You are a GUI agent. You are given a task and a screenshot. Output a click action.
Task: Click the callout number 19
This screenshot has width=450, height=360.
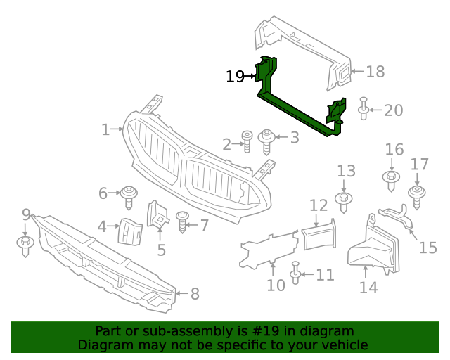click(235, 77)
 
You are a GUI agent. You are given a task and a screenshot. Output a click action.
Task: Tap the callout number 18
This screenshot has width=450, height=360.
click(375, 71)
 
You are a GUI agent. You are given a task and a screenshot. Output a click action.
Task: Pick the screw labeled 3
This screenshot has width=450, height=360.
click(268, 140)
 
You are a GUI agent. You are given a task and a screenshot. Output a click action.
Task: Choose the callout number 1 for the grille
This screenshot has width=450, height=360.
click(105, 129)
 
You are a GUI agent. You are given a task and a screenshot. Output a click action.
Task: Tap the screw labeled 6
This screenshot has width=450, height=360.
click(129, 195)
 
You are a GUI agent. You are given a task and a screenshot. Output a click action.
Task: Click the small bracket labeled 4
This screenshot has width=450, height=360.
click(130, 230)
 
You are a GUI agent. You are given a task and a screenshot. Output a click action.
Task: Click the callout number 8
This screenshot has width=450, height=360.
click(195, 293)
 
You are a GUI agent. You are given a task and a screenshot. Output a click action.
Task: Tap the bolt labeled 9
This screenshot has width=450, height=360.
click(25, 245)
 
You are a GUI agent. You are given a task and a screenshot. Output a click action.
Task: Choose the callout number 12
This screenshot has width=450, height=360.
click(319, 205)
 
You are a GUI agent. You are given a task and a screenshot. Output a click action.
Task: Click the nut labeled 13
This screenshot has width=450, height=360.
click(344, 200)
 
